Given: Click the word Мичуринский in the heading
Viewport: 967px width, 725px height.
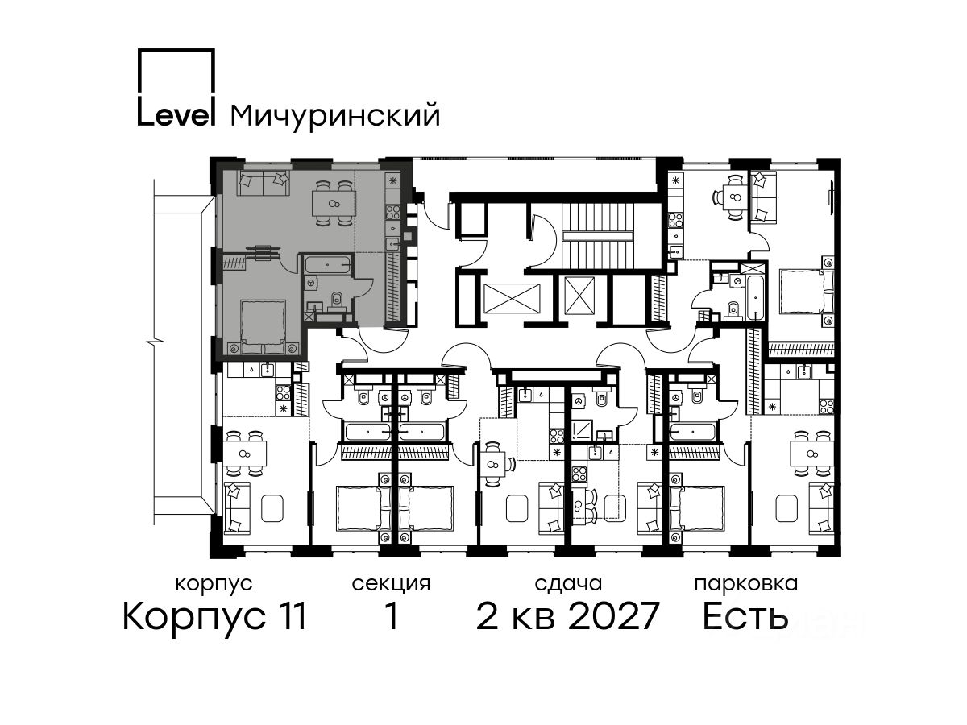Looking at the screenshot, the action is click(335, 116).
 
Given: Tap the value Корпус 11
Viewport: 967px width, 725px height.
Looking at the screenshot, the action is click(214, 616).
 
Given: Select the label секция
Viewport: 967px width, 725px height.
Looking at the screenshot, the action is click(391, 584).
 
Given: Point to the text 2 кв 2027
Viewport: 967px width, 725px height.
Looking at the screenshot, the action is click(567, 616).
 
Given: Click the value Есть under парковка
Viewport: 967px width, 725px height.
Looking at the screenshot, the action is click(745, 616).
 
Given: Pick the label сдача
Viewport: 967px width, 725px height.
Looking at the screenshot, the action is click(568, 584).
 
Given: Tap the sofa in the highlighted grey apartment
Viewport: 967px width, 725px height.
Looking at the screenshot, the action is click(264, 183).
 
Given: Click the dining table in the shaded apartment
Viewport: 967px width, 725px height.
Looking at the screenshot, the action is click(334, 203).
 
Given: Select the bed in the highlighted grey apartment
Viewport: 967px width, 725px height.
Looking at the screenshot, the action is click(263, 326).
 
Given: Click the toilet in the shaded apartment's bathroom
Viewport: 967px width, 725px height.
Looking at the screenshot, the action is click(337, 297).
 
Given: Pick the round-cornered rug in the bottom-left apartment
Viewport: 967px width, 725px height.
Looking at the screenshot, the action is click(272, 508).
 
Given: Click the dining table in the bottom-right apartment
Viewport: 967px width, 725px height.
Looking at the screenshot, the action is click(811, 454).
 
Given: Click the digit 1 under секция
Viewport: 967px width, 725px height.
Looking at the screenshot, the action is click(391, 616).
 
